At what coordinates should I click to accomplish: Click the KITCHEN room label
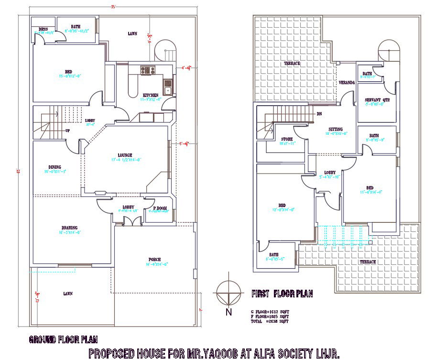pos(150,95)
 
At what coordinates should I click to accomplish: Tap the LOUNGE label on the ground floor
pos(125,155)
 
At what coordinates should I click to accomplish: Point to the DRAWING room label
pos(69,228)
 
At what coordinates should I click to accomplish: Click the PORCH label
pos(154,259)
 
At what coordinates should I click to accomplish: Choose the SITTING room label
pos(335,129)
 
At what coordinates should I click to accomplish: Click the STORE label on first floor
pos(287,139)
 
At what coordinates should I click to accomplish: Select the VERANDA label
pos(347,83)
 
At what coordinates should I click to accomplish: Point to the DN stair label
pos(319,114)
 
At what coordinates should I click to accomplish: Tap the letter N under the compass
pos(228,313)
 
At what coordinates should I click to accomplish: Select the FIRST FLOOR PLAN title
pos(282,294)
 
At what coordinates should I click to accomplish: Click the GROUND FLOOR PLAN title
pos(63,340)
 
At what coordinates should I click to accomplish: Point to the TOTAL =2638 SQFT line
pos(270,322)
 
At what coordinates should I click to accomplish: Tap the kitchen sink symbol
pos(168,87)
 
